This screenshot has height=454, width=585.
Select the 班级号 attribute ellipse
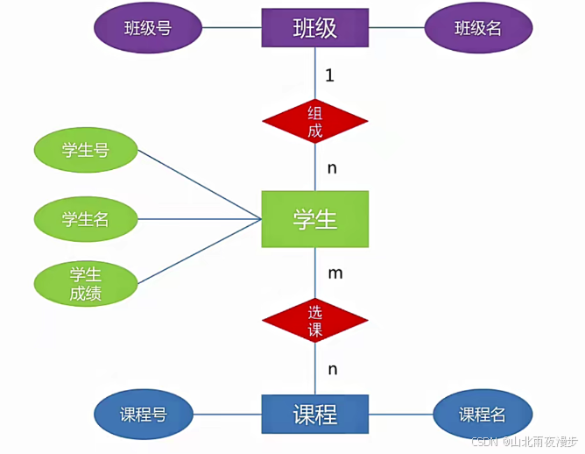(x=147, y=27)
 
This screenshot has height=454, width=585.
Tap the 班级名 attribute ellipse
(x=478, y=27)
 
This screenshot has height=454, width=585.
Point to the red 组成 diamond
(x=314, y=122)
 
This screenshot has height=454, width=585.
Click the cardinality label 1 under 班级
(x=329, y=75)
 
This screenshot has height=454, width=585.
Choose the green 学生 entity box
(x=314, y=218)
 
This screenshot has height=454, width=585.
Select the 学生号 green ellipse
(x=85, y=150)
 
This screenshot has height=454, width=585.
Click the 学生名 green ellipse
(x=85, y=218)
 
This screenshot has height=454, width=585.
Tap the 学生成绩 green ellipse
(x=85, y=284)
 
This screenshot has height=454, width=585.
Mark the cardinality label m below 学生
(x=335, y=273)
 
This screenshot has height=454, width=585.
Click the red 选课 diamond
(x=314, y=321)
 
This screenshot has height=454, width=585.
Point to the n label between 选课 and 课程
(x=332, y=369)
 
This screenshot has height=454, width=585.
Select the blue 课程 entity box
(x=314, y=414)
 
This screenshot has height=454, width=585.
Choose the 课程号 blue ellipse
(x=144, y=414)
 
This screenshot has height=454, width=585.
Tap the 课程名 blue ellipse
(x=483, y=414)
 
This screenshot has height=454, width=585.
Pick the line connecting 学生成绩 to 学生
(x=200, y=252)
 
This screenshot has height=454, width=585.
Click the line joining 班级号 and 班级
(x=231, y=27)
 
